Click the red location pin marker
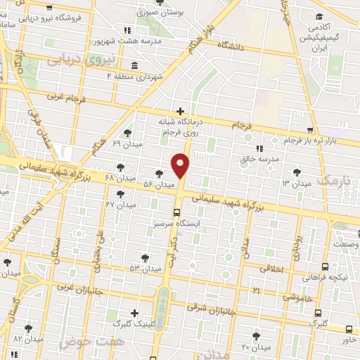click(181, 165)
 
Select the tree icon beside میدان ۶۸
click(122, 167)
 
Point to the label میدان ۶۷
click(120, 205)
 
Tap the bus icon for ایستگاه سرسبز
click(176, 212)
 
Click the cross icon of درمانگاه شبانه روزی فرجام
click(181, 111)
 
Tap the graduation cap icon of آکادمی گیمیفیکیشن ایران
click(319, 17)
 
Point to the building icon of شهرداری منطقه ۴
click(134, 65)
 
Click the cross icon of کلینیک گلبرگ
click(134, 313)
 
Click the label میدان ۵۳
click(144, 269)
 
